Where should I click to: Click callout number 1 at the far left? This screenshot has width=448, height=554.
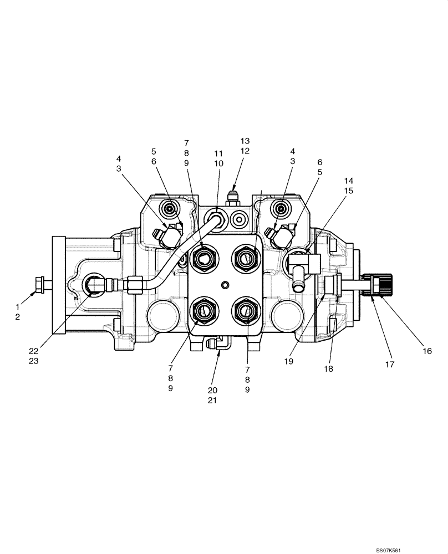pos(17,306)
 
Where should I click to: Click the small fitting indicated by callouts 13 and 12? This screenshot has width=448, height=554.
pos(233,197)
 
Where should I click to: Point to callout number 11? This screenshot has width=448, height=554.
pos(218,153)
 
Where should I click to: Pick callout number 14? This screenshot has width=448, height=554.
pos(348,181)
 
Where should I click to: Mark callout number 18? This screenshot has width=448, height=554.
pos(329,368)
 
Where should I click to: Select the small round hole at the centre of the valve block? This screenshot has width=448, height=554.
pos(225,284)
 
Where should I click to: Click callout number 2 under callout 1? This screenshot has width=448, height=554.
pos(17,316)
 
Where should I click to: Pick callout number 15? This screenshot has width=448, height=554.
pos(348,191)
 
